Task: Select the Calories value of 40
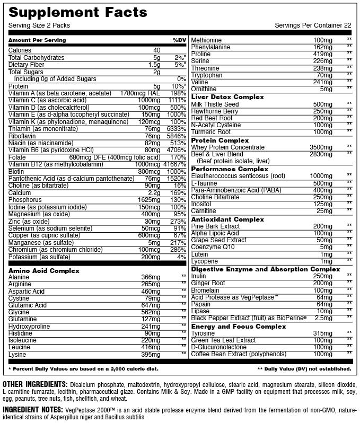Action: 156,50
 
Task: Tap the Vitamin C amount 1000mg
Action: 152,100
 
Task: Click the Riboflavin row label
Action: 22,136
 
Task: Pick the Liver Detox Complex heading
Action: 227,97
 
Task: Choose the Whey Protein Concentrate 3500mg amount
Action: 322,147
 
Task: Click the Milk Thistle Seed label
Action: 215,104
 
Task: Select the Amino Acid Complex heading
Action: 44,271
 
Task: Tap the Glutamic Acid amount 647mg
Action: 151,305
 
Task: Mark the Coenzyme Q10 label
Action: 212,247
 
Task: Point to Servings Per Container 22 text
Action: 313,25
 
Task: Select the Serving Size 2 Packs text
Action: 39,25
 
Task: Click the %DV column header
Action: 179,40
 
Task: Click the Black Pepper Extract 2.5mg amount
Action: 323,318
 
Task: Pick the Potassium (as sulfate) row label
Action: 39,257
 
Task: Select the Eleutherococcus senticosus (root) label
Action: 238,175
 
